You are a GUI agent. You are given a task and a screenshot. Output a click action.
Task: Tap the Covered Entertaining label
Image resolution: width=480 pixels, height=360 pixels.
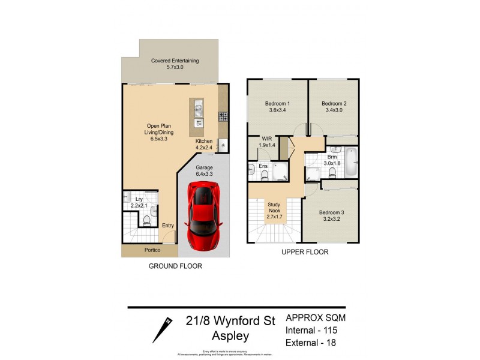175,61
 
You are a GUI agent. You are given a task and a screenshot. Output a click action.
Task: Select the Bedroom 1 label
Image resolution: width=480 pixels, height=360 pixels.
277,103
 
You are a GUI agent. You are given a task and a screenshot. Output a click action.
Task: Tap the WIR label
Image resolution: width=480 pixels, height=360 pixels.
266,139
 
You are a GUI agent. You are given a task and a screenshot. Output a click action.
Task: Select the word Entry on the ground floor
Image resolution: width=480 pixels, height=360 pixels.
168,226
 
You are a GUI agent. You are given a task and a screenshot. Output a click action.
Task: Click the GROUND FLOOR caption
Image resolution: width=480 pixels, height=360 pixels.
175,266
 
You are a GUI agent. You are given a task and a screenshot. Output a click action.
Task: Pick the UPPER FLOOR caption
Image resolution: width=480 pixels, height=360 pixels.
305,253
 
